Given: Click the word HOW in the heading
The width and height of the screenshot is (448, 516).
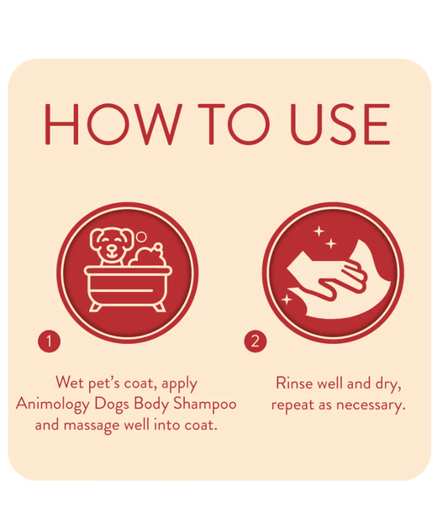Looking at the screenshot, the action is [x=113, y=124].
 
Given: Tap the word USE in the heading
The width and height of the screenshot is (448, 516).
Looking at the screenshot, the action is [x=340, y=124].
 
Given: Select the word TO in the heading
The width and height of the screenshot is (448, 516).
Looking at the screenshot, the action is [x=234, y=124].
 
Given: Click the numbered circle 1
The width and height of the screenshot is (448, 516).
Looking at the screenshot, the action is [x=50, y=341].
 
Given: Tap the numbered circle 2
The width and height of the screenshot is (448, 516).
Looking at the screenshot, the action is [x=256, y=341].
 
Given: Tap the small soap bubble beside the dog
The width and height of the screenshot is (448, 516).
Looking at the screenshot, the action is [x=141, y=237].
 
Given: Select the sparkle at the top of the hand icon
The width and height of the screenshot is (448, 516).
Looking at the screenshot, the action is [x=319, y=232].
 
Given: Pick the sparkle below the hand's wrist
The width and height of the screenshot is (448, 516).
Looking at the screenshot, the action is [x=287, y=300].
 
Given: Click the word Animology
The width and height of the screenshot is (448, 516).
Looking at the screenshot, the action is [x=53, y=404].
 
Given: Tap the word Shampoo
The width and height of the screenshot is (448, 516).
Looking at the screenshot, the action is [x=205, y=404].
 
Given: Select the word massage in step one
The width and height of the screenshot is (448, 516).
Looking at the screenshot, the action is [x=92, y=425].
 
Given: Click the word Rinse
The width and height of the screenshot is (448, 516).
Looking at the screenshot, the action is [x=293, y=383].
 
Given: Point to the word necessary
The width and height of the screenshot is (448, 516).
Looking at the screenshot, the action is [x=371, y=405].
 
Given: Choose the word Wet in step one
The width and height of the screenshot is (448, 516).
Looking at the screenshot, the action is [x=69, y=383].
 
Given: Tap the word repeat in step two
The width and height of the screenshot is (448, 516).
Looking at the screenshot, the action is [x=293, y=405].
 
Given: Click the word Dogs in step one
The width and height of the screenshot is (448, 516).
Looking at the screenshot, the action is [x=112, y=404].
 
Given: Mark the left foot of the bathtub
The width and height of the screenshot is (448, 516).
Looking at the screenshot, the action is [x=95, y=308].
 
